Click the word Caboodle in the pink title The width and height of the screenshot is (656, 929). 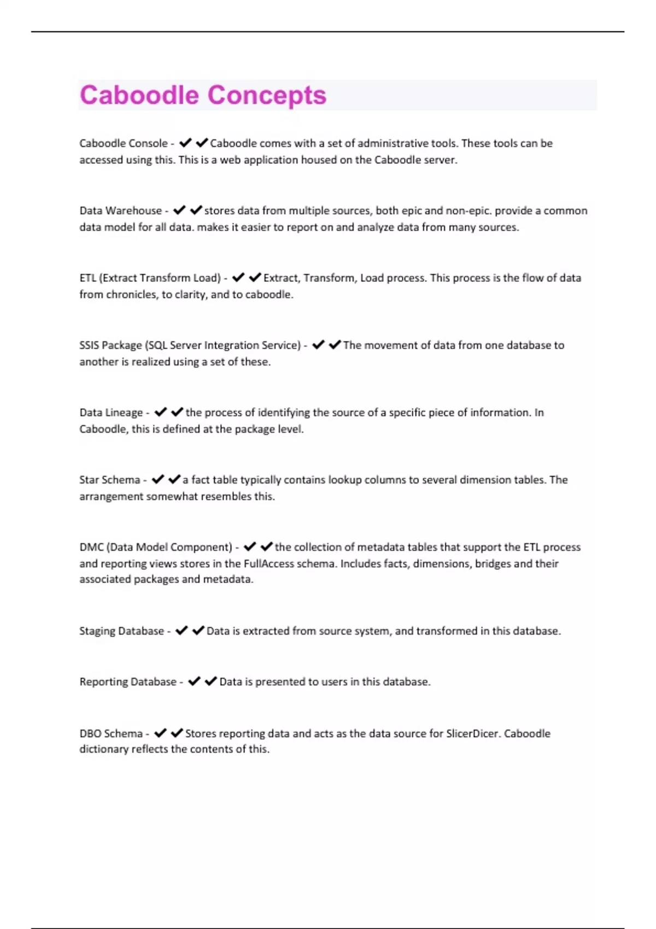[139, 95]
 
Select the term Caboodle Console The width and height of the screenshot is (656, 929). [124, 143]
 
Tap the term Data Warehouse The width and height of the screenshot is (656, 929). [120, 211]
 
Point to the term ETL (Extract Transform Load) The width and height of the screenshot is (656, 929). [150, 278]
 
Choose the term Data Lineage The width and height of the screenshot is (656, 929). [111, 413]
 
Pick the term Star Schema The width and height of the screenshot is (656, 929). [110, 480]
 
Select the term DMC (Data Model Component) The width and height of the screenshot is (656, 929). [156, 547]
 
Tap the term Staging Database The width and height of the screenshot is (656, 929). [121, 631]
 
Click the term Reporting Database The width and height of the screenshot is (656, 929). [128, 682]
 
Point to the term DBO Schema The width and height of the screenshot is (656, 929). [111, 733]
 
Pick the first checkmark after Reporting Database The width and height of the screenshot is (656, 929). [194, 681]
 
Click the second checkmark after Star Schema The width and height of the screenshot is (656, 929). [174, 479]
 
